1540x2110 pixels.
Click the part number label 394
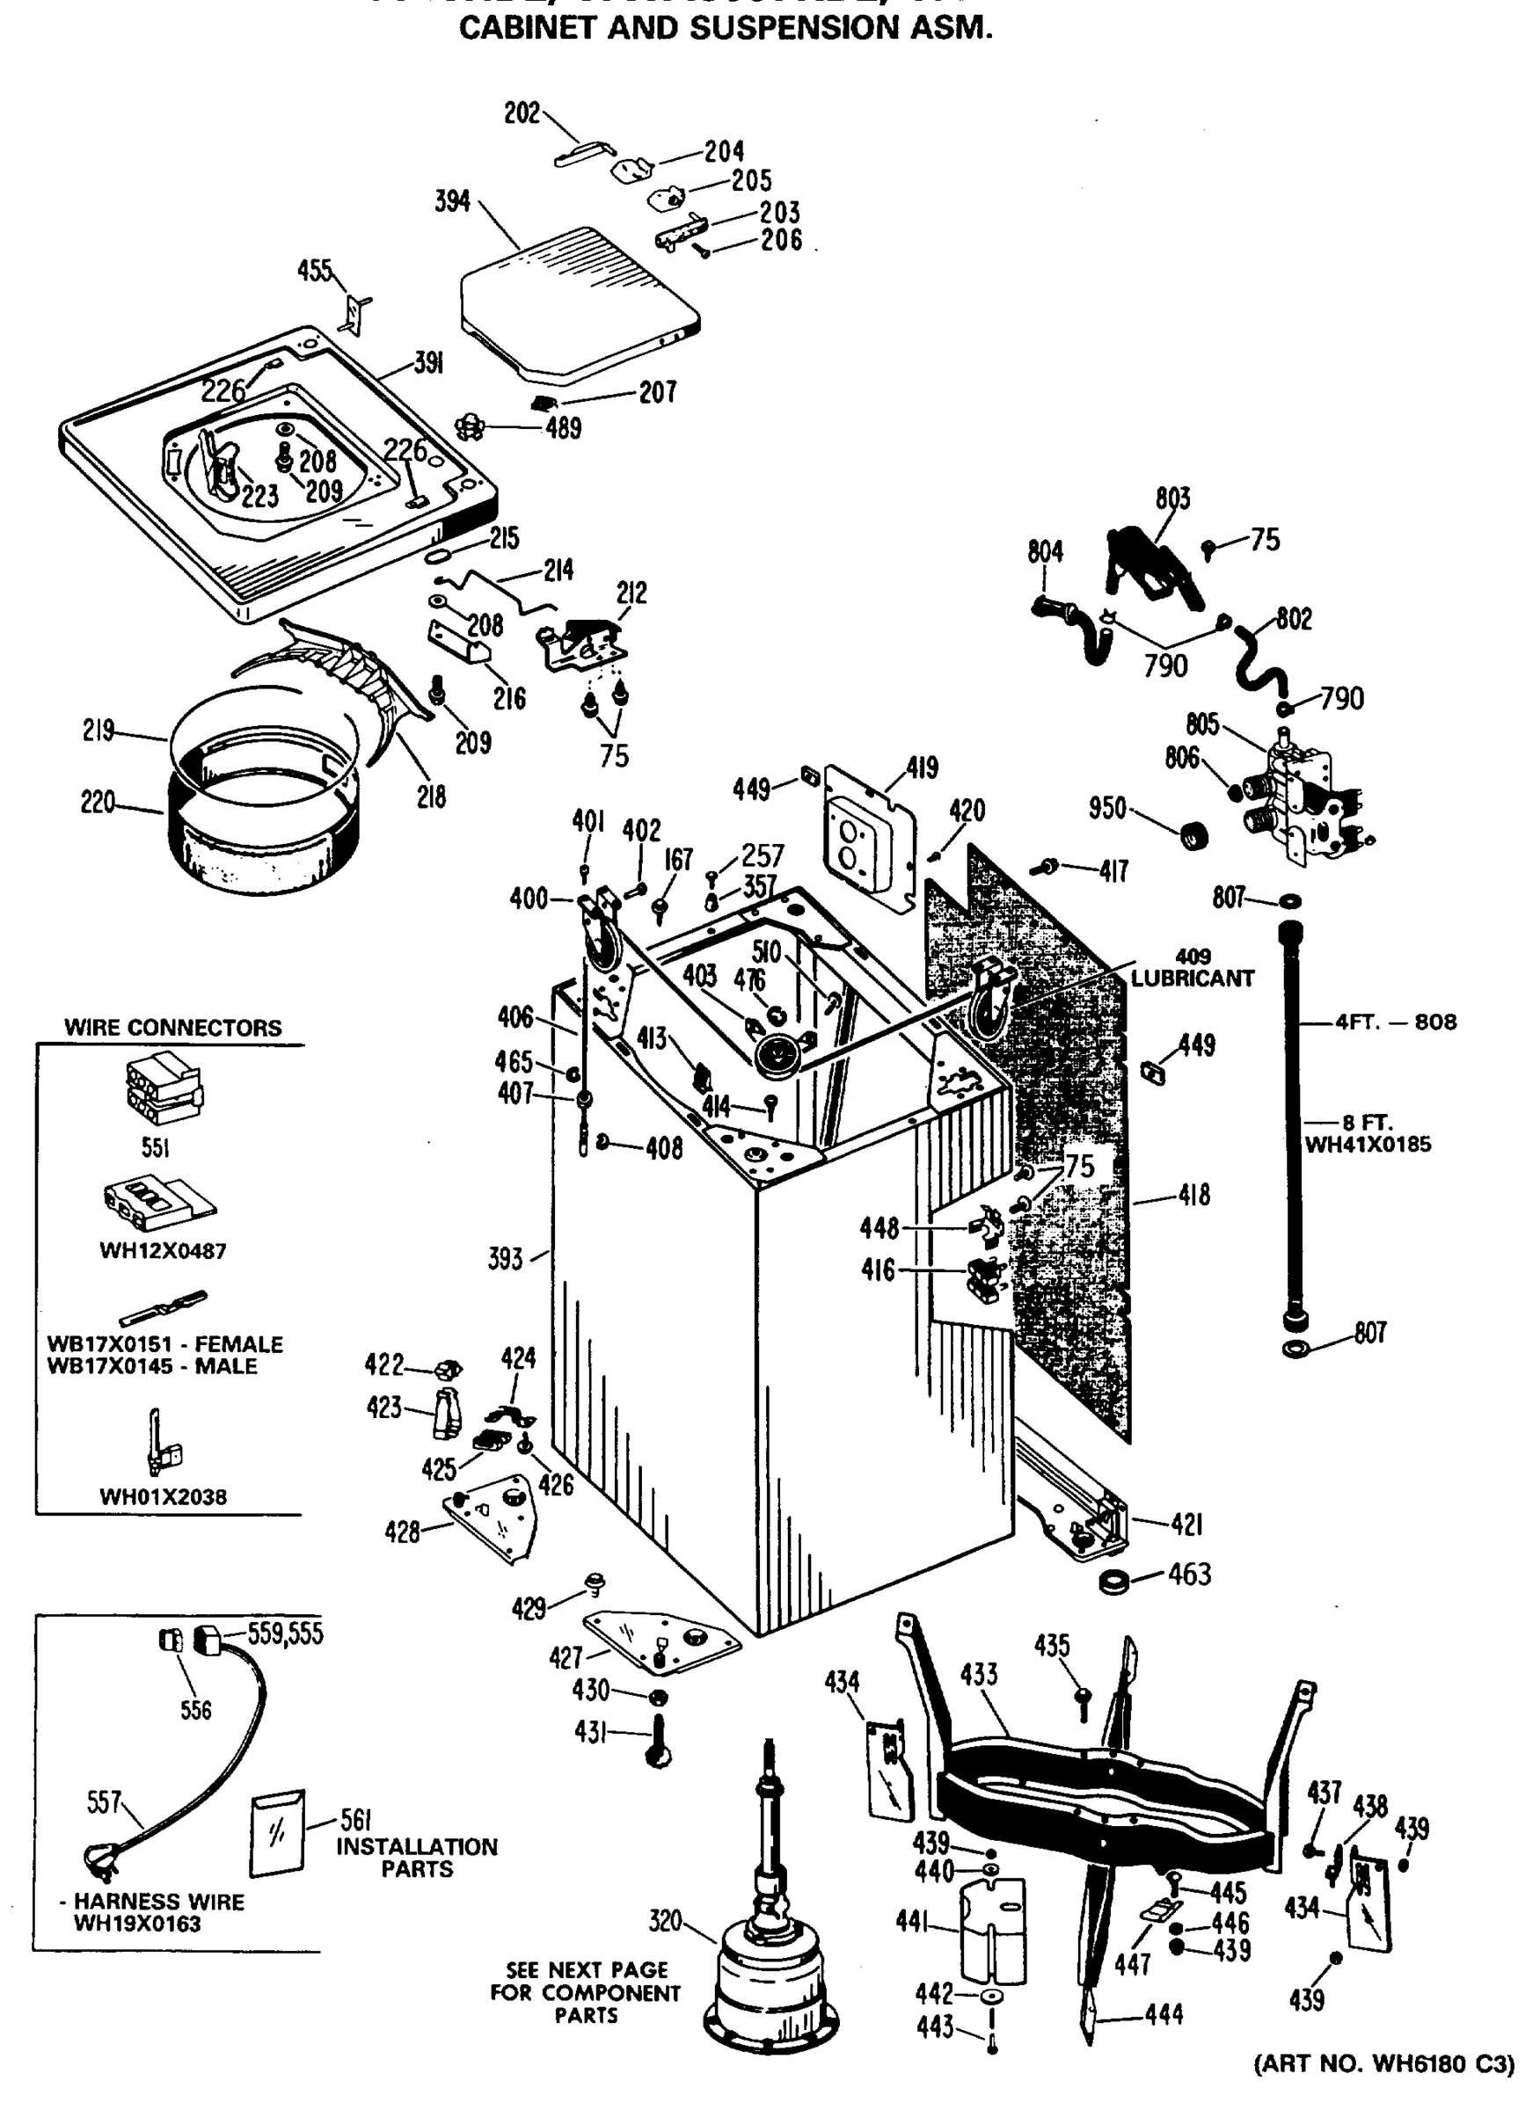coord(453,201)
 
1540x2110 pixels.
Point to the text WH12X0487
coord(163,1251)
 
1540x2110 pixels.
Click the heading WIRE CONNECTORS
coord(172,1028)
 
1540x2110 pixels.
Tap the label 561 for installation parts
coord(356,1819)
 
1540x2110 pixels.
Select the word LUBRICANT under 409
coord(1193,979)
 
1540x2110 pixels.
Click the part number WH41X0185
coord(1368,1145)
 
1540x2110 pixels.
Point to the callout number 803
coord(1172,498)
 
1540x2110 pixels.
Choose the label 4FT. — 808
coord(1396,1022)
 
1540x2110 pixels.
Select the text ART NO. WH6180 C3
coord(1383,2063)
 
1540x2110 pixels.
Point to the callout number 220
coord(98,802)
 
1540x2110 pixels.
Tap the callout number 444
coord(1164,2014)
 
